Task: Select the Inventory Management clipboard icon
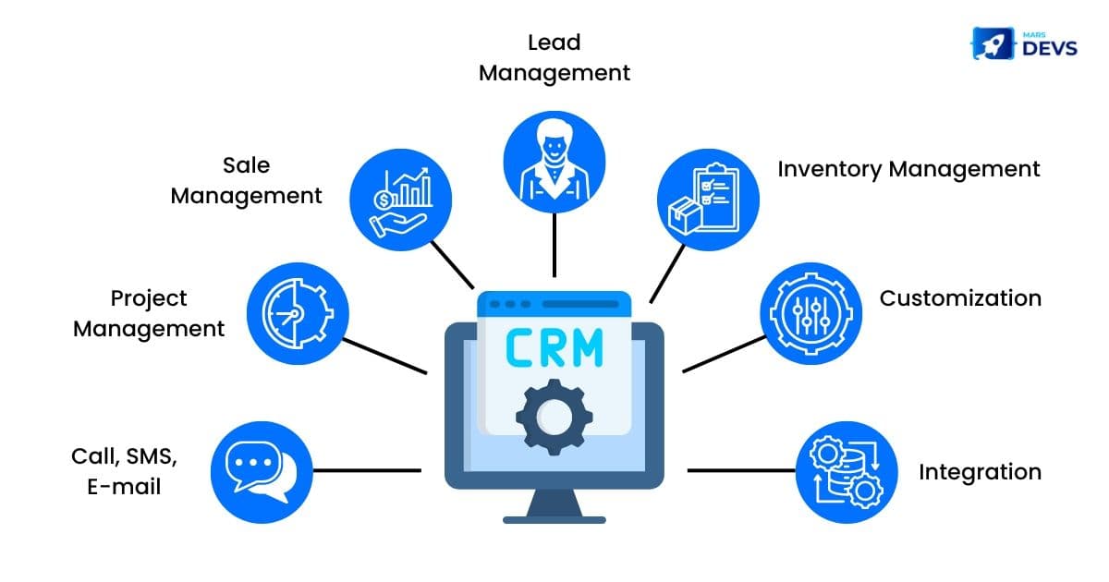(708, 200)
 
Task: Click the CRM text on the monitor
(554, 347)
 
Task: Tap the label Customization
(960, 298)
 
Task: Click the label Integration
(980, 472)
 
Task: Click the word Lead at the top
(554, 42)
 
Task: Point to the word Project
(149, 298)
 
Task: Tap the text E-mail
(125, 486)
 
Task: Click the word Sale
(246, 165)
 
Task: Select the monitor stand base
(554, 518)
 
